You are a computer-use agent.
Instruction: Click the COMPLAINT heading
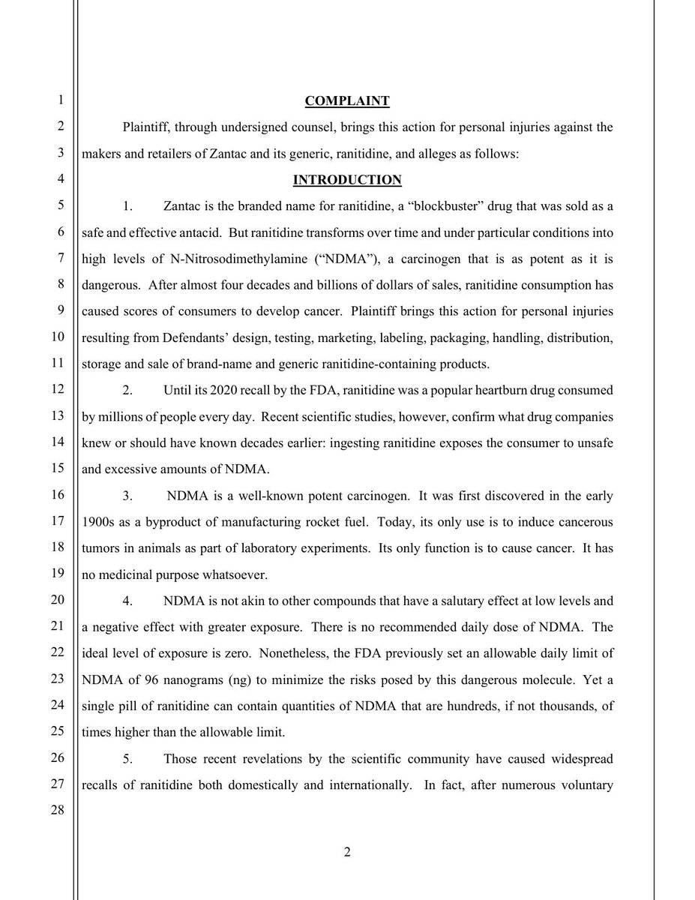coord(347,100)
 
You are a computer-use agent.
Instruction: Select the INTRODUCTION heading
coord(347,179)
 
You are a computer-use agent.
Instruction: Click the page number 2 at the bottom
coord(347,853)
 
